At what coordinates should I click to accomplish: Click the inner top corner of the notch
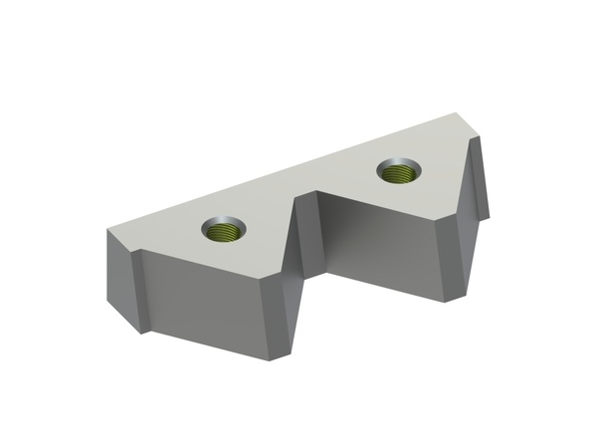(318, 189)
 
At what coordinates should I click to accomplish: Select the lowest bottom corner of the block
(289, 355)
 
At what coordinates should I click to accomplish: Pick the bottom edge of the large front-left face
(214, 339)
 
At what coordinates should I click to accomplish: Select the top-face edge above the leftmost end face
(119, 240)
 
